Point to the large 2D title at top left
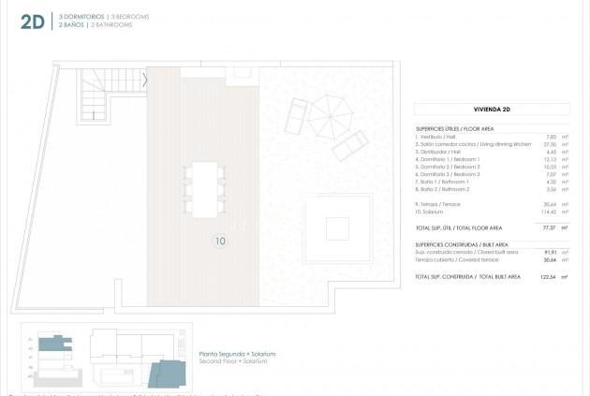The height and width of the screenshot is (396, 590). (32, 22)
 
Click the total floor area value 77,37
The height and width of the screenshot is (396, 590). (550, 227)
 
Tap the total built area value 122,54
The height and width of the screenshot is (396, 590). (548, 277)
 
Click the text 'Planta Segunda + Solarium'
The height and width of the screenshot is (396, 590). (237, 354)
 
